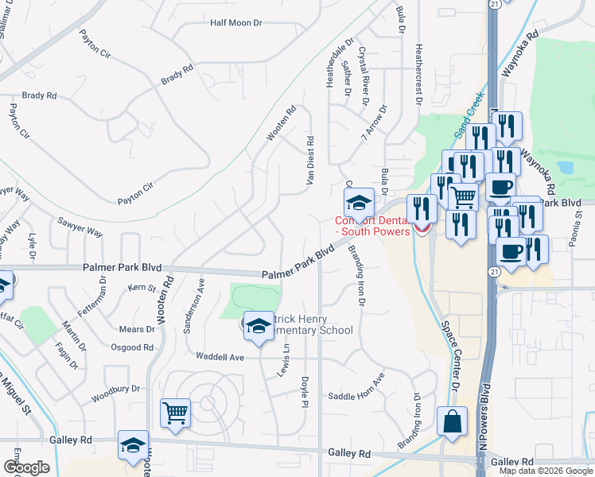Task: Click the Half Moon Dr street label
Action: [x=236, y=23]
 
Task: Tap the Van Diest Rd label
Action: [x=310, y=161]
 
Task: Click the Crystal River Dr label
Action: [x=364, y=76]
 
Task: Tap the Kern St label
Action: [x=141, y=287]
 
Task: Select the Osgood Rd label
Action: [x=133, y=347]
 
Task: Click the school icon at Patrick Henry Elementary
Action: [x=259, y=326]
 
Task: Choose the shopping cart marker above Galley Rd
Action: [x=175, y=413]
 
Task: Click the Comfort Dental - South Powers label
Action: [x=372, y=227]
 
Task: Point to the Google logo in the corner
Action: [x=26, y=467]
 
